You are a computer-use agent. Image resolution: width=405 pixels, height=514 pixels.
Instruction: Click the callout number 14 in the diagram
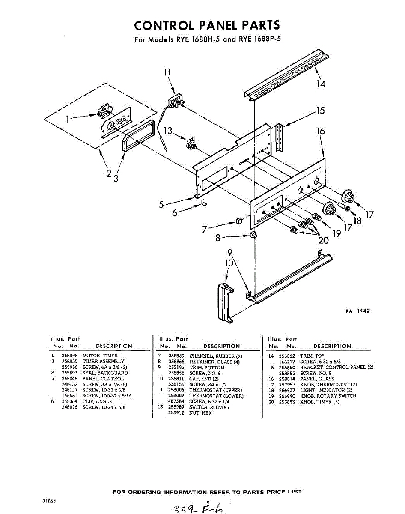(321, 84)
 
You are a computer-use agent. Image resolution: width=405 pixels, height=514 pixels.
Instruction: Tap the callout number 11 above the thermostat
(167, 72)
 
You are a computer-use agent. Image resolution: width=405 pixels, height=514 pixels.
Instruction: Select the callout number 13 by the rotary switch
(169, 131)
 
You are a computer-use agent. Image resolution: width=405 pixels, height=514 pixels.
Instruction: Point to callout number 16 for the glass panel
(320, 131)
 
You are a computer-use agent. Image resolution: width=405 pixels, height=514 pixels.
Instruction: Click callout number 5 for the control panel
(161, 205)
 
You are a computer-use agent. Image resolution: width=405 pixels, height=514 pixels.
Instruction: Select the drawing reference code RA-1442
(357, 311)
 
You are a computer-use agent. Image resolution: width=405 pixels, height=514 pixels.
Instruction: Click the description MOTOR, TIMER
(100, 356)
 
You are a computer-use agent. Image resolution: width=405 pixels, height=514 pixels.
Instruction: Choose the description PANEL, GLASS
(317, 379)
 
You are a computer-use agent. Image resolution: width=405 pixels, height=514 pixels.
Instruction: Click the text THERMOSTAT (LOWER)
(216, 396)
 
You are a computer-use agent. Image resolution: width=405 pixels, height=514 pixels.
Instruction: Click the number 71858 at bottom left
(49, 501)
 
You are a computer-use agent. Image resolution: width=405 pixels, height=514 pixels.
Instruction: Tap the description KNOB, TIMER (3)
(319, 402)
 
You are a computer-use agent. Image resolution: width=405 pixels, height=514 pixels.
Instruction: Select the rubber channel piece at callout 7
(239, 221)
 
